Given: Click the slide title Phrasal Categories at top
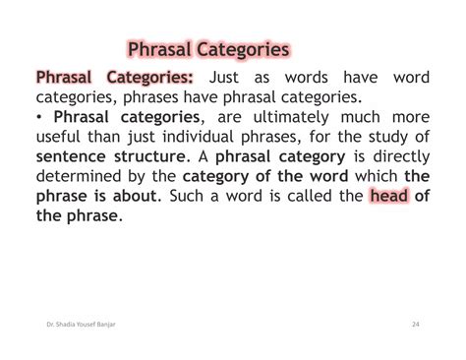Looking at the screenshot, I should pos(208,48).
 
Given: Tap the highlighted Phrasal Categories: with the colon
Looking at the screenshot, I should pos(114,78).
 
